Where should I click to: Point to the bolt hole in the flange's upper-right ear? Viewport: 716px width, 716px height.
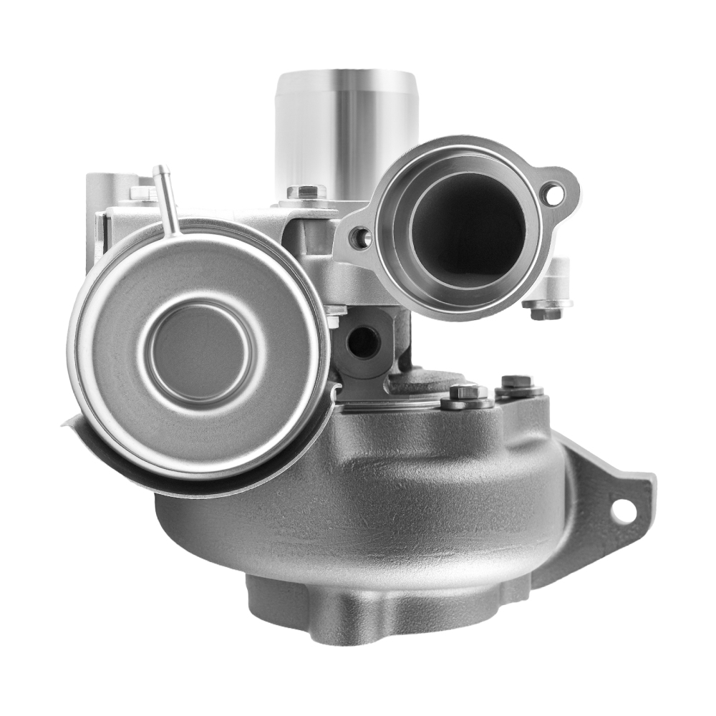point(552,192)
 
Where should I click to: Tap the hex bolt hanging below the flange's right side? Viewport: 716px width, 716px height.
point(546,309)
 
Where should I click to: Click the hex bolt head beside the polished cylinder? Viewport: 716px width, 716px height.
point(306,192)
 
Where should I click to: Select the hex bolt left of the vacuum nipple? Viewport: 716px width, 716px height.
point(140,193)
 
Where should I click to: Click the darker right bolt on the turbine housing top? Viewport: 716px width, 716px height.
point(518,384)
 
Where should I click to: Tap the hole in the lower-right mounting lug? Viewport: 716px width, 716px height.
point(622,510)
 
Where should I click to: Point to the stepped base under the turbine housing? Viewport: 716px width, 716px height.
point(372,609)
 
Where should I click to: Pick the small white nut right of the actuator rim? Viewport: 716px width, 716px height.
point(334,315)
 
